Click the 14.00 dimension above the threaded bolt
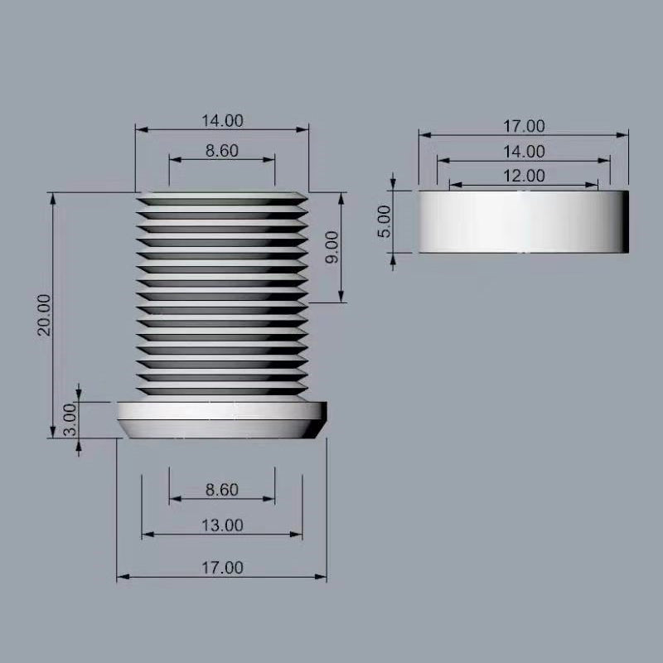pyautogui.click(x=222, y=120)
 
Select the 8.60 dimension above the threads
pyautogui.click(x=222, y=151)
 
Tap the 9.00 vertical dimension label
pyautogui.click(x=331, y=247)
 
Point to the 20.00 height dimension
pyautogui.click(x=44, y=314)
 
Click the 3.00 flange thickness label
pyautogui.click(x=70, y=420)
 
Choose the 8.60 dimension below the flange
pyautogui.click(x=222, y=490)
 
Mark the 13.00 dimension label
pyautogui.click(x=222, y=525)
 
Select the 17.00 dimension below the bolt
pyautogui.click(x=222, y=568)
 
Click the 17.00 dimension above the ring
pyautogui.click(x=524, y=126)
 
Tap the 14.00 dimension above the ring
pyautogui.click(x=524, y=151)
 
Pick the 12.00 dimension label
pyautogui.click(x=524, y=176)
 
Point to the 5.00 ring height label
pyautogui.click(x=383, y=221)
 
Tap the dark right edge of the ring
pyautogui.click(x=626, y=221)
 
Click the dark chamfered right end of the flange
pyautogui.click(x=319, y=420)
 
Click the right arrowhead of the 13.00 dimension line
pyautogui.click(x=298, y=535)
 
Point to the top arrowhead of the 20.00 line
pyautogui.click(x=53, y=196)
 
